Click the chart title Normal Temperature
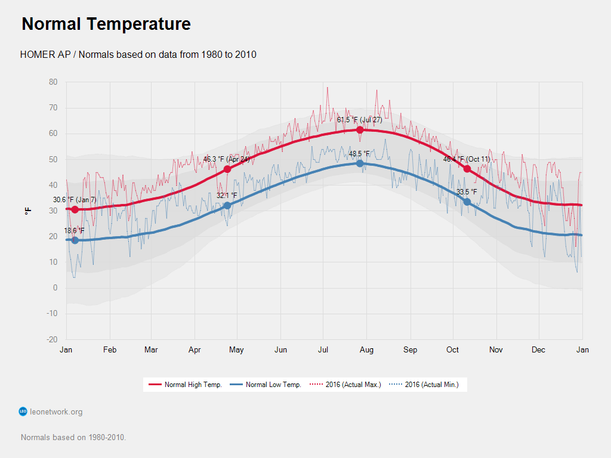106,24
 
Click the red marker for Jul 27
360,130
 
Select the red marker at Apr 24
227,169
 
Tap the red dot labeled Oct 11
467,169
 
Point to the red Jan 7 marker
75,209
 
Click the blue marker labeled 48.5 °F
360,163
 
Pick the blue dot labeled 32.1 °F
227,206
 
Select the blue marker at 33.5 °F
467,202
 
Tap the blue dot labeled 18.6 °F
75,240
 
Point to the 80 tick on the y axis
54,82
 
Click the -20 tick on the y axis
53,339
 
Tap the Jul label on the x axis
323,350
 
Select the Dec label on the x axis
538,350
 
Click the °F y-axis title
27,211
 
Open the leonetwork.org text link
56,411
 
